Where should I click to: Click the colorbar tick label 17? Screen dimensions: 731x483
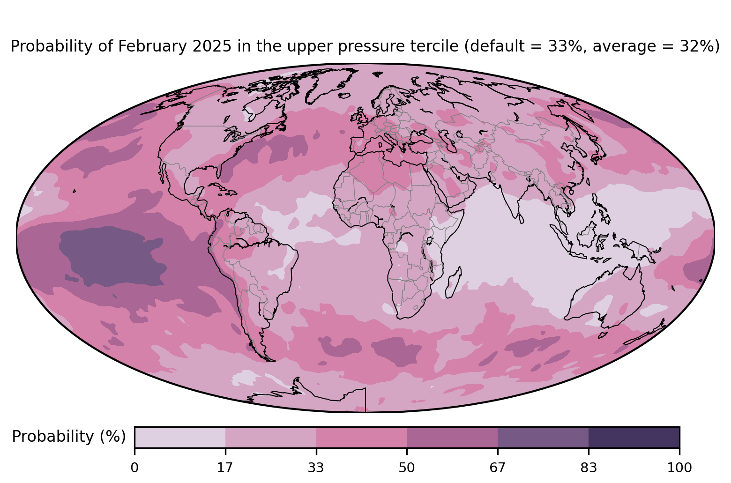[225, 468]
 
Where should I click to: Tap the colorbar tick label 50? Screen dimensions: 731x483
[407, 468]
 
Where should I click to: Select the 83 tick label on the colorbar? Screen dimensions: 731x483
[589, 468]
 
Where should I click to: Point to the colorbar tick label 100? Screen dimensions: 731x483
[679, 468]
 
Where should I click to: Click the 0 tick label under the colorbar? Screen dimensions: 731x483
[134, 468]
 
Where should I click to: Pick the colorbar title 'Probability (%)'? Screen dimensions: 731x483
[69, 437]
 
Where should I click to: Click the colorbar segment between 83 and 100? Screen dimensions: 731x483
[634, 437]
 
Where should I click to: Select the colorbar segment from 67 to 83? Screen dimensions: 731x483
[543, 437]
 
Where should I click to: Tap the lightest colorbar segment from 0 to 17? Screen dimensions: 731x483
[180, 437]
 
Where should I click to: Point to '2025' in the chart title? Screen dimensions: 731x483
[212, 46]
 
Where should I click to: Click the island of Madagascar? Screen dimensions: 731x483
[453, 282]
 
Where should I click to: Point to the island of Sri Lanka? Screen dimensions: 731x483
[521, 218]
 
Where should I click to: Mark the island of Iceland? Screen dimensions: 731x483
[345, 96]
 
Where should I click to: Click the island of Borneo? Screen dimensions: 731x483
[588, 234]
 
